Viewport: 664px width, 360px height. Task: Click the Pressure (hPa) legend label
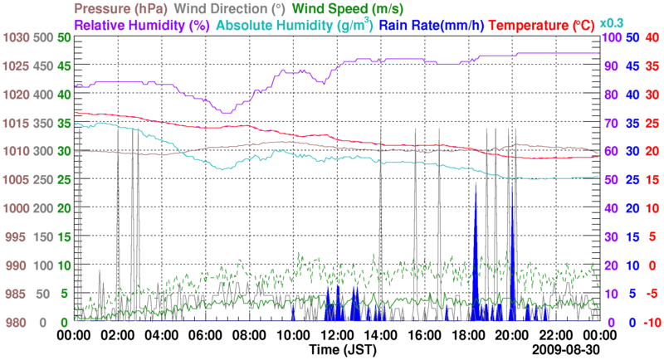tap(121, 9)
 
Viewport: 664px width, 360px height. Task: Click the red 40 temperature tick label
tap(652, 37)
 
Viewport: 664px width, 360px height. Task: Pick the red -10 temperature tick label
tap(650, 322)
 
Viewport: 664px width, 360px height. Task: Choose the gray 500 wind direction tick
tap(43, 37)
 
